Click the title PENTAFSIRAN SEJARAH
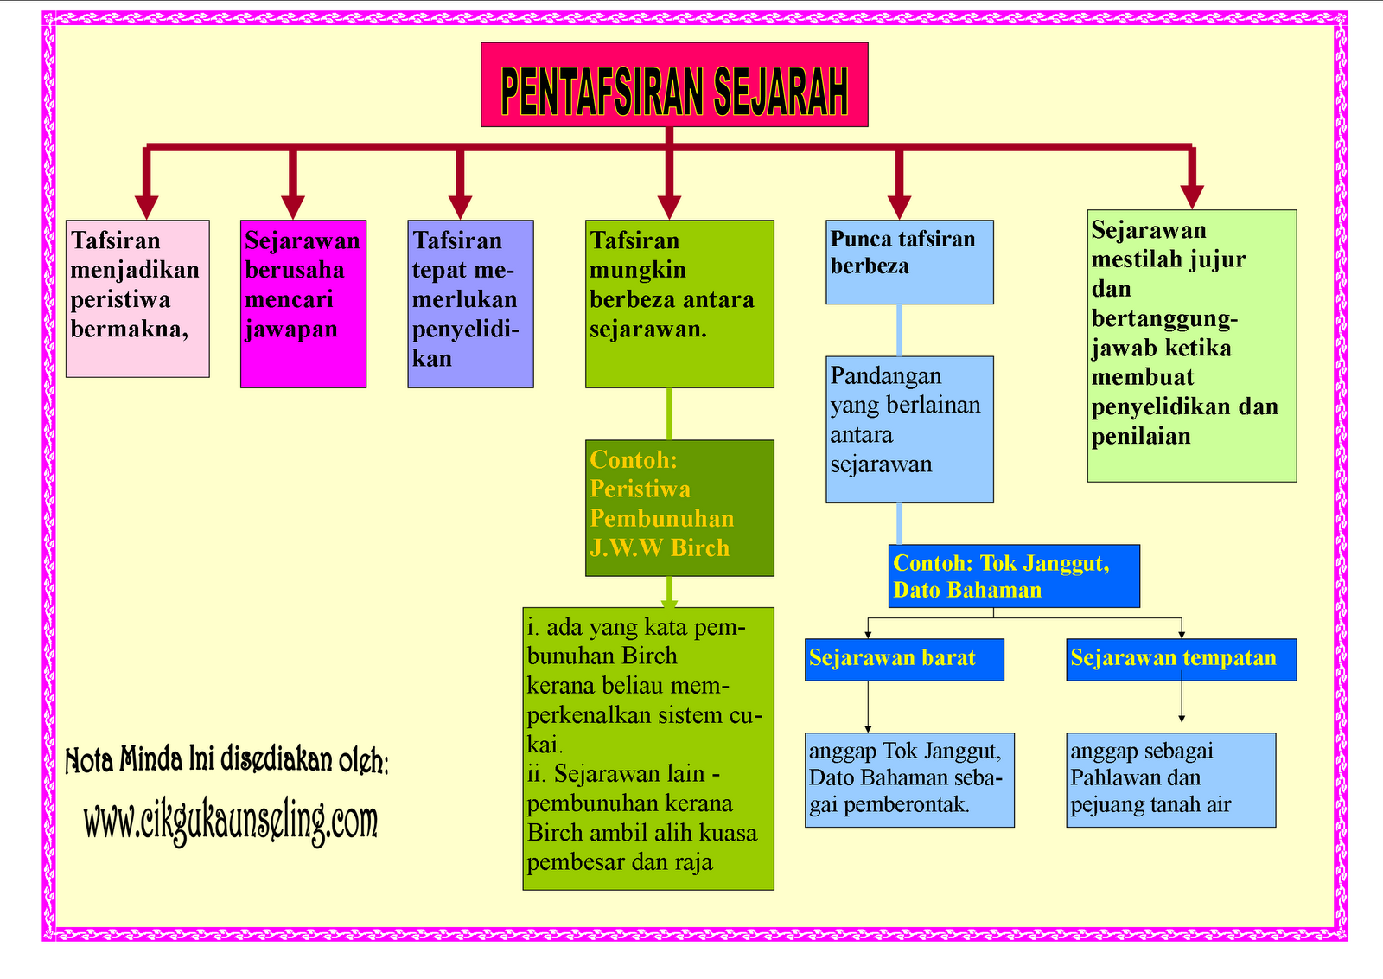coord(674,85)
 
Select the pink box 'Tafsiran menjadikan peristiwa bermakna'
coord(137,298)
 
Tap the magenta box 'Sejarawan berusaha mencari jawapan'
coord(303,304)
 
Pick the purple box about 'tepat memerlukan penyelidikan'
coord(470,304)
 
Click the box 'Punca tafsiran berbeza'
coord(909,262)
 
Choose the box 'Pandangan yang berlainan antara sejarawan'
coord(909,429)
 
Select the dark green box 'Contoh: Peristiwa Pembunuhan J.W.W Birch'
coord(679,508)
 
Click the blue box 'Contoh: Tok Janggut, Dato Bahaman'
coord(1014,576)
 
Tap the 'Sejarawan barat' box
coord(904,659)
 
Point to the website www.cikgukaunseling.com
coord(231,821)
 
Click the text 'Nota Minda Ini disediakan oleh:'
coord(226,759)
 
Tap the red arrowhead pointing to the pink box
coord(147,207)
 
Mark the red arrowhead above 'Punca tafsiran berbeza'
coord(900,207)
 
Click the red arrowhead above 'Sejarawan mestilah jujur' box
coord(1192,196)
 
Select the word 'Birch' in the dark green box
coord(700,548)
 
